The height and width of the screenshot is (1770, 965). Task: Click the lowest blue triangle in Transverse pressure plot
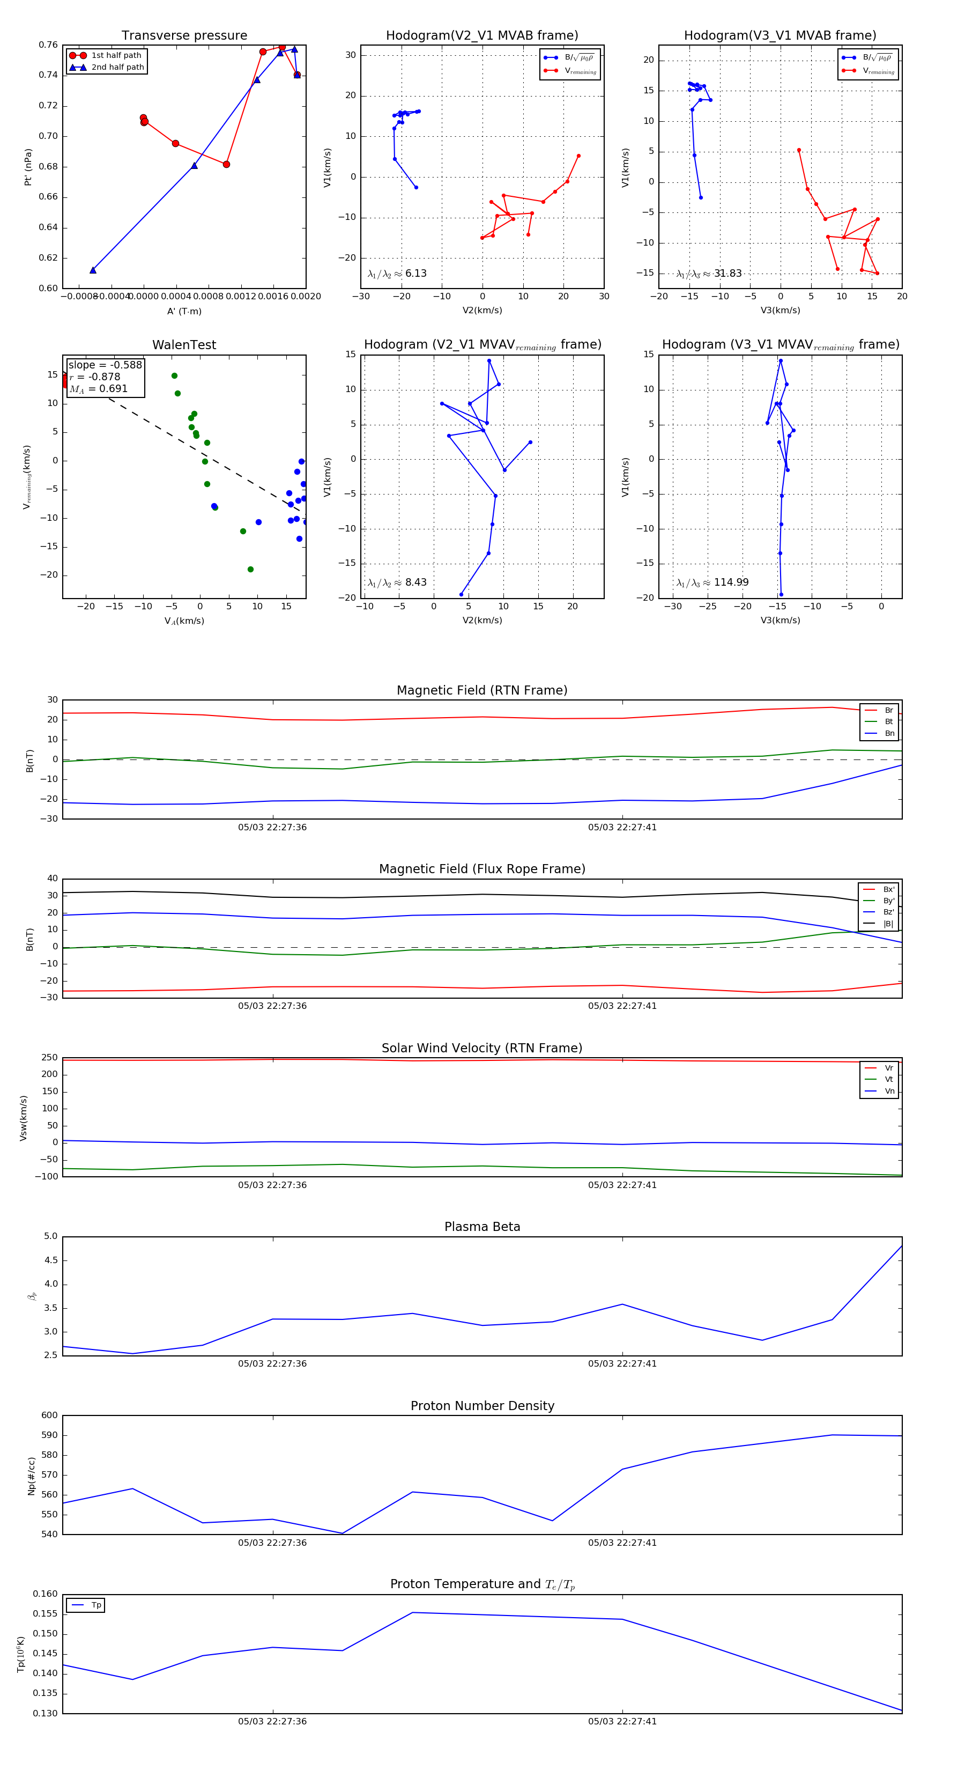[93, 270]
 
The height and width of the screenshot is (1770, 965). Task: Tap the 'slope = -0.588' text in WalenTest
[105, 365]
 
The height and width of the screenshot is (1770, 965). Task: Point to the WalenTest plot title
[184, 345]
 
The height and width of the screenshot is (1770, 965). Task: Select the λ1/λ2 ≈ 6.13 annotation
[397, 274]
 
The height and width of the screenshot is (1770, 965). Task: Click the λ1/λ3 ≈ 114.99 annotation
[712, 582]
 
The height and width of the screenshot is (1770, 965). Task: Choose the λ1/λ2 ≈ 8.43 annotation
[397, 582]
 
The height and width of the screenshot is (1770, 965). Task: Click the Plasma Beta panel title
[482, 1227]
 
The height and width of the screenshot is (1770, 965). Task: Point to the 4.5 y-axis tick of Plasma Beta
[51, 1260]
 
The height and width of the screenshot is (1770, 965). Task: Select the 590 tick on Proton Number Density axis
[49, 1435]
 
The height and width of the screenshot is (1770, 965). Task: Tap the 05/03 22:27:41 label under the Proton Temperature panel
[622, 1721]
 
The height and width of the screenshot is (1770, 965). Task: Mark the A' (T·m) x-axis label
[184, 311]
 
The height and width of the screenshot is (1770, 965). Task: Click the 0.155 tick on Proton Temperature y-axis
[46, 1613]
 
